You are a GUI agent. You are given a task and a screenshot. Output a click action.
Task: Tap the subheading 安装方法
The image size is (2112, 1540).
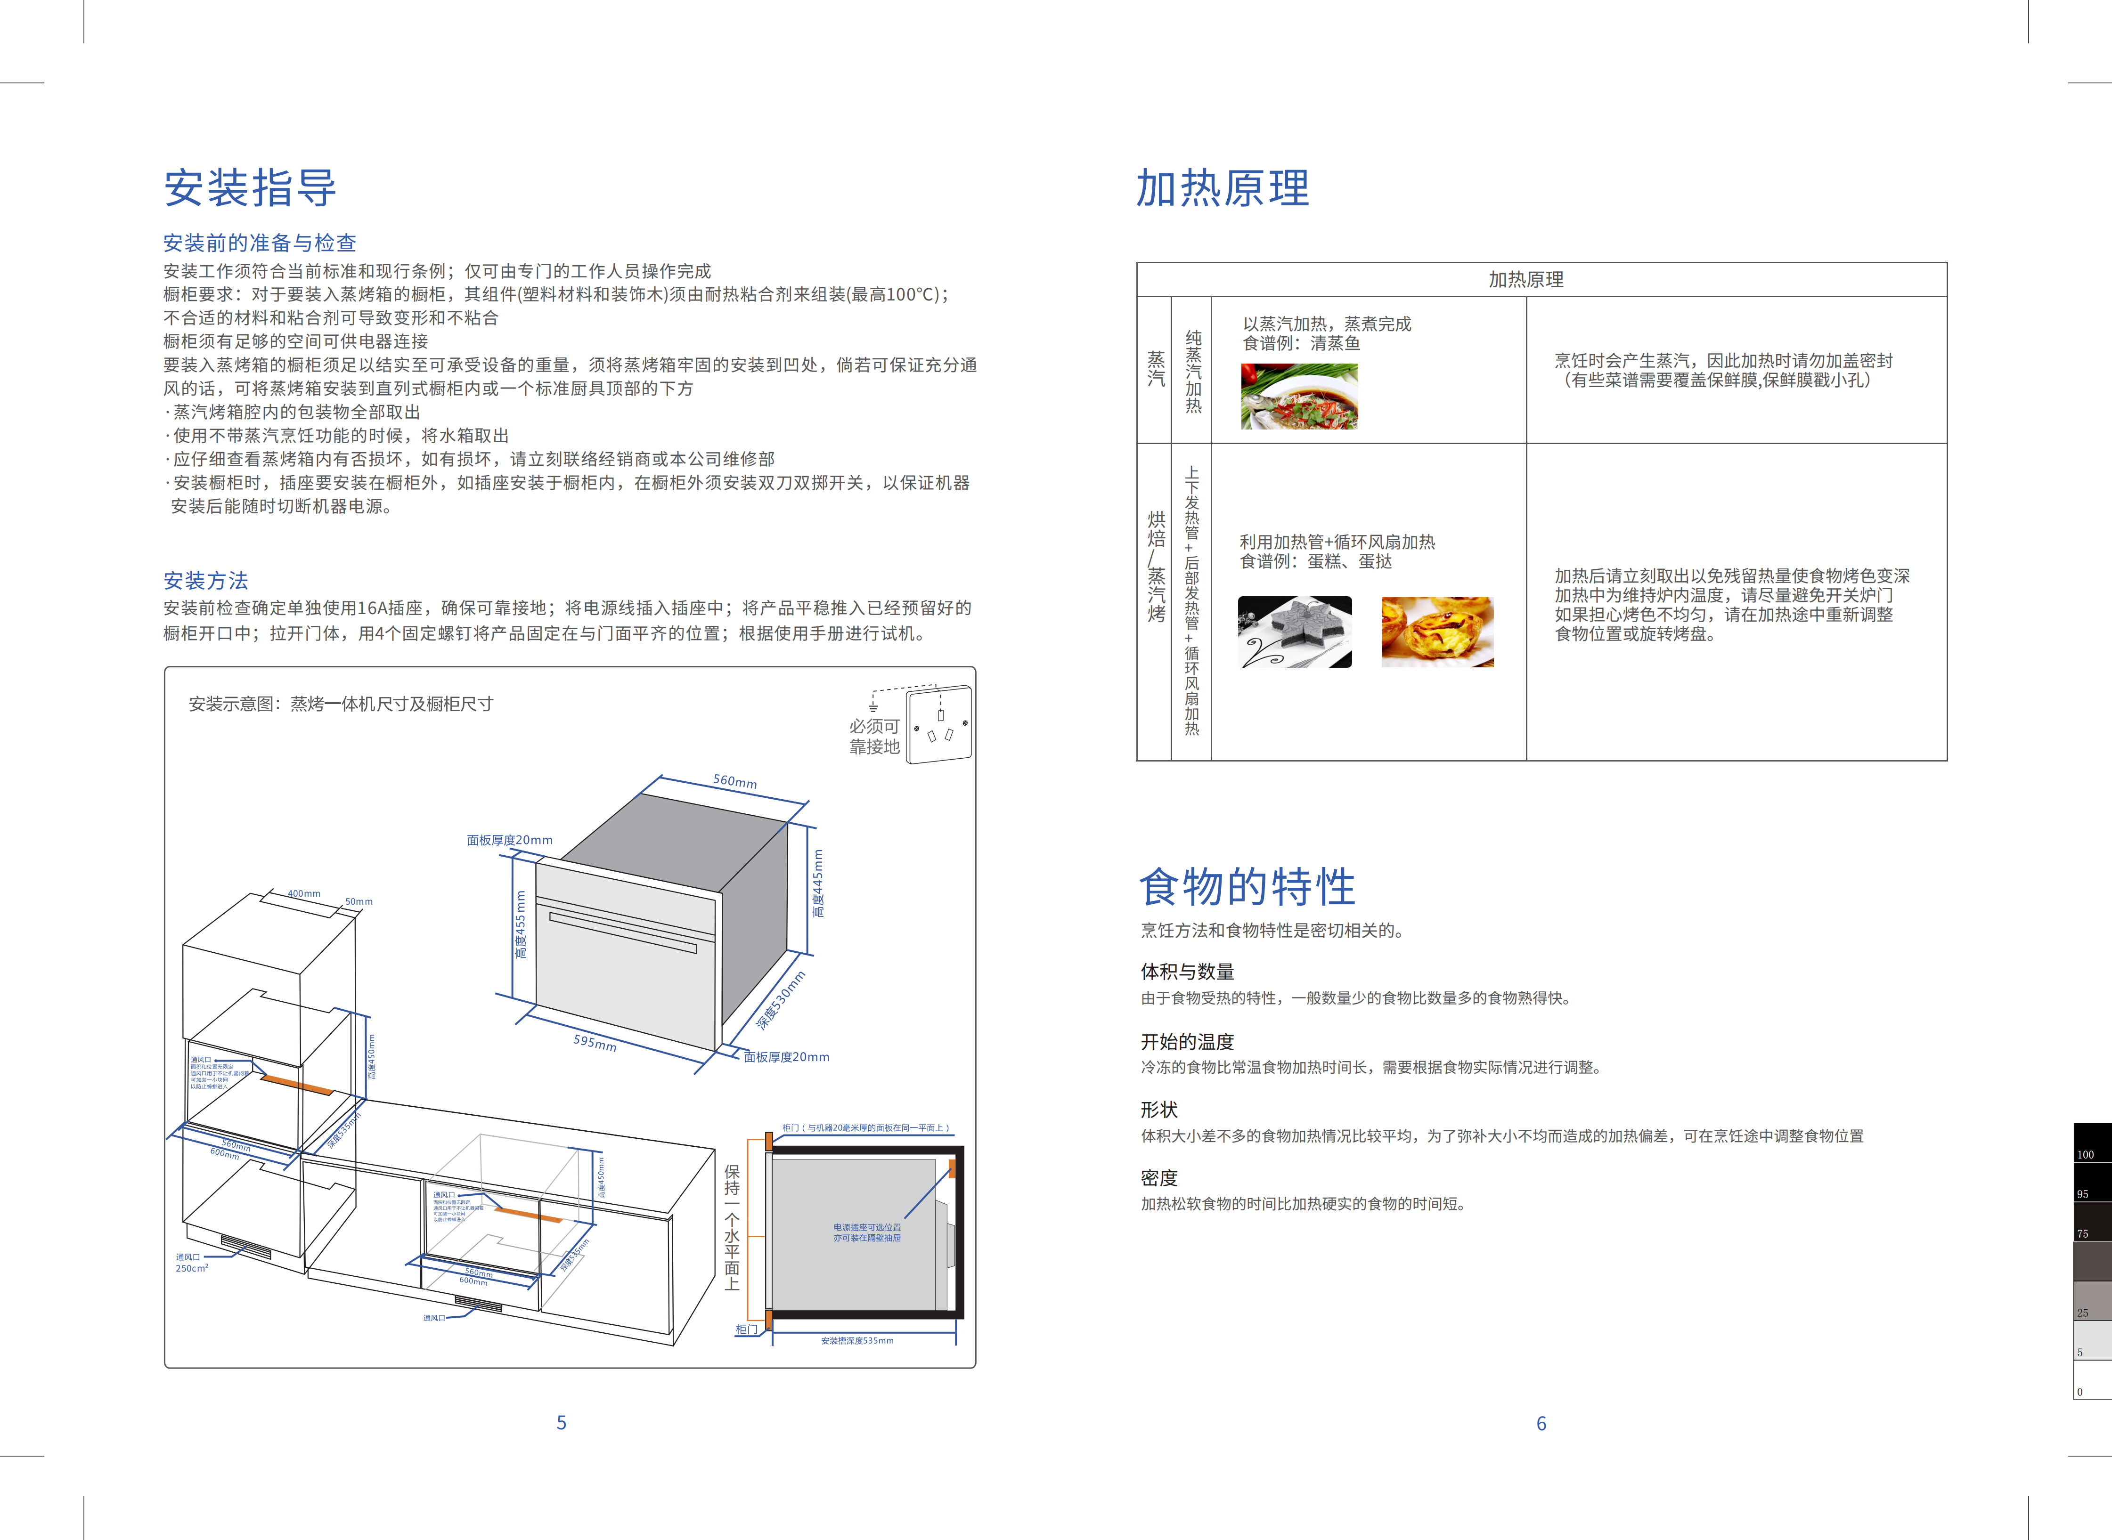[x=206, y=581]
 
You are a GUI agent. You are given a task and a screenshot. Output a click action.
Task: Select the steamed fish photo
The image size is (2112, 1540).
[x=1299, y=396]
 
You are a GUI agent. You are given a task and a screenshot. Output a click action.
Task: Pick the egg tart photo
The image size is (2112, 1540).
[x=1437, y=632]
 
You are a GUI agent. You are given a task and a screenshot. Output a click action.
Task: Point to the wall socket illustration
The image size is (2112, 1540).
[x=939, y=724]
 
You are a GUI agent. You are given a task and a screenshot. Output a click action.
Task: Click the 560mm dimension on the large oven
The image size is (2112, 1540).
[x=735, y=781]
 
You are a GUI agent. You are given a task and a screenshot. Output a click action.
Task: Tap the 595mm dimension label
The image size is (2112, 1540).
[x=595, y=1042]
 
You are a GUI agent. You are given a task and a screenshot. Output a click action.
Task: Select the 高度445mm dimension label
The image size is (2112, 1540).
[x=818, y=883]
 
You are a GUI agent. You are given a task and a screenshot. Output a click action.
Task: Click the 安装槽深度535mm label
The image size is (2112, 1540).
[x=857, y=1340]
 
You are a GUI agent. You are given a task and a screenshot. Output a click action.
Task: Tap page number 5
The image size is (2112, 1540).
[x=562, y=1423]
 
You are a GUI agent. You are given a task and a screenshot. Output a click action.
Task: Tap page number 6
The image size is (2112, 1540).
[x=1541, y=1424]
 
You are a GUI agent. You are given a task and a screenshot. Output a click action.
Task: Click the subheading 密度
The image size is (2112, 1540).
[x=1159, y=1177]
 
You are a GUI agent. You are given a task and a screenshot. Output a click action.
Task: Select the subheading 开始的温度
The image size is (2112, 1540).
[x=1187, y=1041]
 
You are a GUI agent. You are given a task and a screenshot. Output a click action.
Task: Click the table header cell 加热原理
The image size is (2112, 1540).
[x=1525, y=280]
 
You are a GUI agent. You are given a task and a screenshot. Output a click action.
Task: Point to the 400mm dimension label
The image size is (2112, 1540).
[x=304, y=893]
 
